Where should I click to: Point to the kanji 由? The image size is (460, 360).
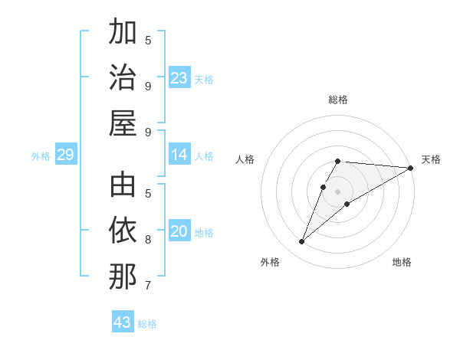click(123, 185)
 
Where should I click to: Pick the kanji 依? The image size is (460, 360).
click(123, 231)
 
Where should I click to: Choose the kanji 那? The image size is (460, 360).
click(123, 276)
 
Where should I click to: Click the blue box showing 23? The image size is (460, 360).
click(179, 78)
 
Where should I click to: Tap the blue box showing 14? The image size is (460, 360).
click(179, 155)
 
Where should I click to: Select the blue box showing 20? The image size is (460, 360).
click(179, 232)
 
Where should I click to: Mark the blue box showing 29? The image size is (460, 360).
click(65, 155)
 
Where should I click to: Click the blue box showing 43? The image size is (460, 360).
click(123, 322)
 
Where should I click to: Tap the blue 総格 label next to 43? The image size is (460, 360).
click(148, 324)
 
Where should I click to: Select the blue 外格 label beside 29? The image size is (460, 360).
click(41, 156)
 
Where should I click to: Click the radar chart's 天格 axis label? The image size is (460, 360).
click(431, 159)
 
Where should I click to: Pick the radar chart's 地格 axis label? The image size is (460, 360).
click(402, 262)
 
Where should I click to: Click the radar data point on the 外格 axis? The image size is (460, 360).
click(301, 242)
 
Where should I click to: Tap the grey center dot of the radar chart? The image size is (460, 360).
click(338, 190)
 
